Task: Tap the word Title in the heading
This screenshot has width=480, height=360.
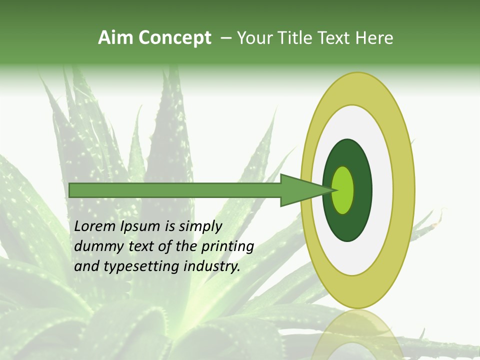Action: click(x=299, y=38)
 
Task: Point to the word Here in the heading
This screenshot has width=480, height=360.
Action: click(x=374, y=38)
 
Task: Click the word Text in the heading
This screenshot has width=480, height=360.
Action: click(x=336, y=38)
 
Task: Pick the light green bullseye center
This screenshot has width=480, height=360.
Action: click(x=343, y=190)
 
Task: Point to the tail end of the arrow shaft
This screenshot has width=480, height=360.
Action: click(x=72, y=190)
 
